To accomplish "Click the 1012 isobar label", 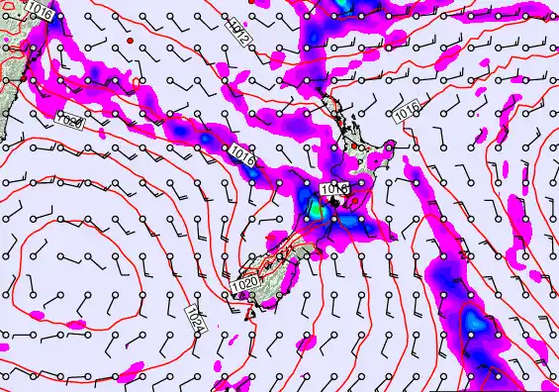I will click(x=237, y=33).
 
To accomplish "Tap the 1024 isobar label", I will click(x=195, y=318).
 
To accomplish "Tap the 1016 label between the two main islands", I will click(x=333, y=188).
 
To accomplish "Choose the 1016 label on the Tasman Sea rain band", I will click(x=243, y=155).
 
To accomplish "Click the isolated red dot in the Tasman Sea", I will click(x=131, y=41).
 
